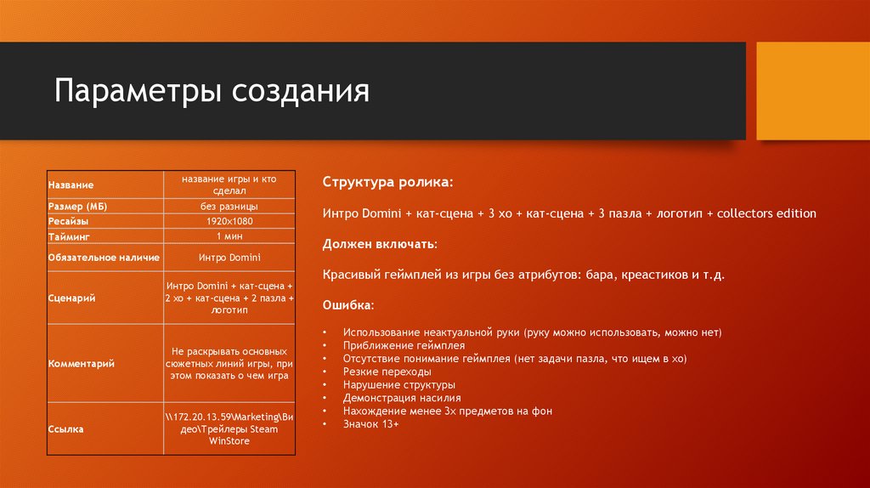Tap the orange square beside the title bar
tap(812, 91)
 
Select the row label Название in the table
tap(71, 184)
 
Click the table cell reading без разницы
tap(229, 207)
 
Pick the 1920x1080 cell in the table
tap(229, 220)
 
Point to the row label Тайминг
tap(69, 235)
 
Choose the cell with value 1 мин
tap(229, 235)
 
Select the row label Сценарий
tap(71, 298)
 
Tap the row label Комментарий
tap(81, 363)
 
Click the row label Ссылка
tap(65, 429)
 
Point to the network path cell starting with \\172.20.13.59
tap(229, 429)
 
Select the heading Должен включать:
tap(380, 244)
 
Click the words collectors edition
tap(766, 213)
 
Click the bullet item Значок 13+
tap(370, 423)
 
